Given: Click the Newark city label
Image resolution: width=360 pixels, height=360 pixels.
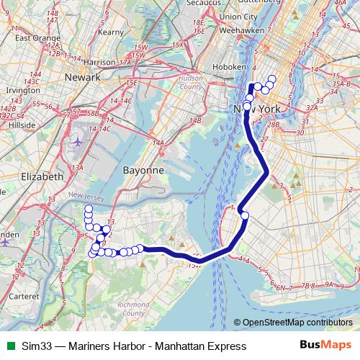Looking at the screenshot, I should click(81, 76).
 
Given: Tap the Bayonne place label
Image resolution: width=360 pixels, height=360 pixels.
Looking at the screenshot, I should click(143, 170).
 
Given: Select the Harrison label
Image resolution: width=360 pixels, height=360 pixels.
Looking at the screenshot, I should click(99, 62).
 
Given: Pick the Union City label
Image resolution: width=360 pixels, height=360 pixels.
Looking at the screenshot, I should click(238, 16).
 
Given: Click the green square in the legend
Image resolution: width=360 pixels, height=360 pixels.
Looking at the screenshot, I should click(9, 346).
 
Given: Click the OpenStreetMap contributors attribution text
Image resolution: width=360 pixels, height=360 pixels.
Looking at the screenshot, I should click(297, 322).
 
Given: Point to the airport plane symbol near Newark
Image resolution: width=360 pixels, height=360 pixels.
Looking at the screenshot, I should click(78, 141).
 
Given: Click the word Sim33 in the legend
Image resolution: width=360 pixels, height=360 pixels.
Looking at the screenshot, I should click(37, 346).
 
